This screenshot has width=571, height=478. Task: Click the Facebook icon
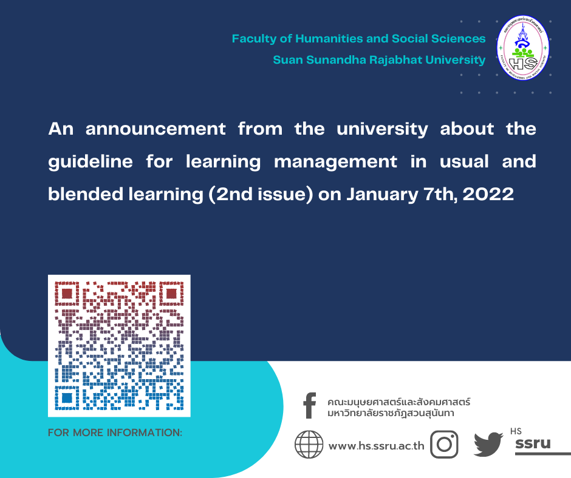tap(310, 406)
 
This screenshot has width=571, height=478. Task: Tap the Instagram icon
tap(444, 445)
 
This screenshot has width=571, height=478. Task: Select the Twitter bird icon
tap(488, 444)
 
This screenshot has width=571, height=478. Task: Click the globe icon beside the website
tap(309, 445)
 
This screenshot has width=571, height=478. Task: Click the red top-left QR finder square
tap(67, 294)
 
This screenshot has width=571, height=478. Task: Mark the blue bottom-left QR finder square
tap(67, 398)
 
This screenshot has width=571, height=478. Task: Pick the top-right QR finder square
tap(171, 294)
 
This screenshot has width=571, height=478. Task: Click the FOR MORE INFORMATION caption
tap(115, 433)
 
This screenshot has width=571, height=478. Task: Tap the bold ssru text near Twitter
tap(532, 443)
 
